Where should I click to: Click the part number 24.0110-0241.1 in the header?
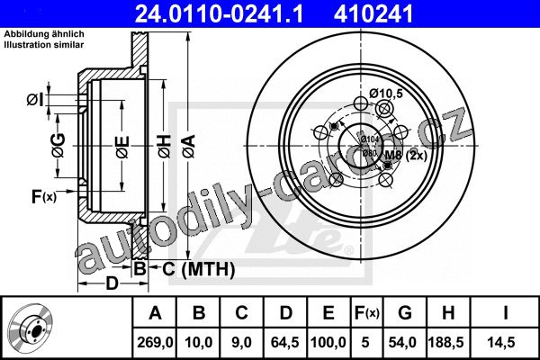pos(220,13)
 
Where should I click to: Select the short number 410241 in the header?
pos(373,13)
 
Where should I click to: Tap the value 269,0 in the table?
pos(155,342)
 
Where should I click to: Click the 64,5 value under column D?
pos(284,342)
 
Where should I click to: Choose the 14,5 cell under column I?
pos(501,342)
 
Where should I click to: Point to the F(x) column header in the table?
pos(367,313)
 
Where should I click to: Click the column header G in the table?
pos(405,313)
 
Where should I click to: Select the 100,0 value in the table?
pos(328,342)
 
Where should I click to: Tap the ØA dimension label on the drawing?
pos(189,147)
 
